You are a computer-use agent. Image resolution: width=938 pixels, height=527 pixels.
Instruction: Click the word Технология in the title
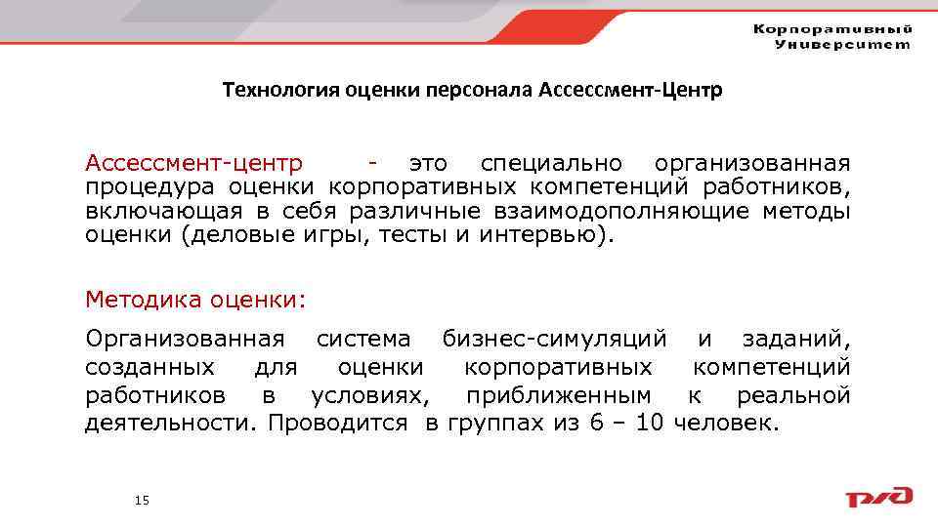pos(272,91)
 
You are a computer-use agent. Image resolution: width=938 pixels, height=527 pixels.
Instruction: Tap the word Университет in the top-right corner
pos(842,44)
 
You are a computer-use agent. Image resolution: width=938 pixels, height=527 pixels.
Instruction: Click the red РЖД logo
pos(878,497)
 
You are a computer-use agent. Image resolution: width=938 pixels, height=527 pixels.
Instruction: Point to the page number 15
pos(142,501)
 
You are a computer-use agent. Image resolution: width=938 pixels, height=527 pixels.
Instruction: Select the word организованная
pos(752,162)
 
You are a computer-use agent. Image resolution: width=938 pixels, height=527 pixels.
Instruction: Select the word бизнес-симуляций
pos(555,340)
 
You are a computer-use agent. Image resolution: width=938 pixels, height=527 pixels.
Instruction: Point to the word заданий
pos(795,340)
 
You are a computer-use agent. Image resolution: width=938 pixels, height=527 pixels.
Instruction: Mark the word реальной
pos(793,396)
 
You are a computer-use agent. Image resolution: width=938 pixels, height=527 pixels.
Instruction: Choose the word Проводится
pos(337,425)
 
